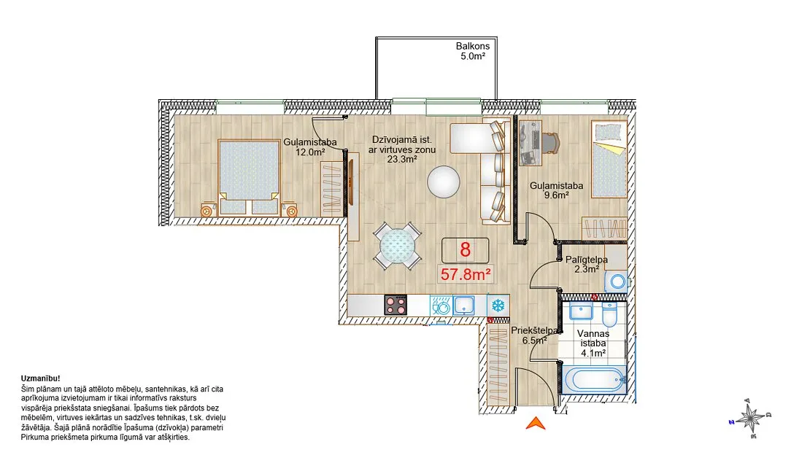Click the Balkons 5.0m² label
(x=473, y=51)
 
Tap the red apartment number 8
(x=465, y=250)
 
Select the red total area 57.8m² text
(x=465, y=274)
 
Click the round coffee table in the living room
(x=443, y=182)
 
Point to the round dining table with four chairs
(x=397, y=246)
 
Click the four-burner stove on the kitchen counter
(x=396, y=305)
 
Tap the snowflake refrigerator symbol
(x=498, y=306)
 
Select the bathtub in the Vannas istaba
(x=593, y=380)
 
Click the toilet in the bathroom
(x=609, y=314)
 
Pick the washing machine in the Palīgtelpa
(x=617, y=282)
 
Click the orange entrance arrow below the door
(x=536, y=424)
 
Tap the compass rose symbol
(x=751, y=418)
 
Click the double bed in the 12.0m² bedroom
(x=249, y=176)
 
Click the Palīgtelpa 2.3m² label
(x=586, y=264)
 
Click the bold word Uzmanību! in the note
(x=41, y=378)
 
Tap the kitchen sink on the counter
(x=464, y=306)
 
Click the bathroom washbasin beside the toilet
(x=582, y=311)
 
